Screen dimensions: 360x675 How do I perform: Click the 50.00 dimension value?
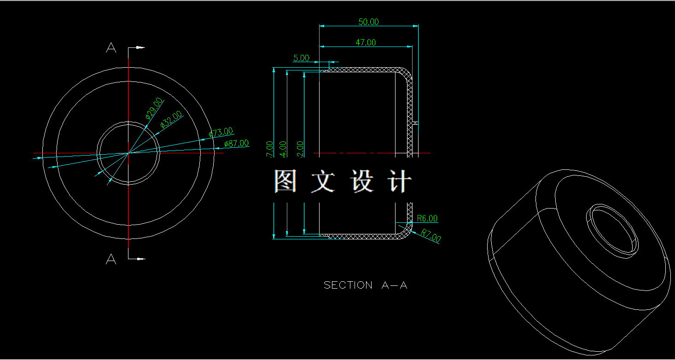pos(368,22)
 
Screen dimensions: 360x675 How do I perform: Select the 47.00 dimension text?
pos(366,42)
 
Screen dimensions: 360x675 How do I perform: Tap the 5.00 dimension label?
pos(301,58)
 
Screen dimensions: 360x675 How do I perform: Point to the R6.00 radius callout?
pos(427,218)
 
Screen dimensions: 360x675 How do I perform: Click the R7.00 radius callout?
pos(431,236)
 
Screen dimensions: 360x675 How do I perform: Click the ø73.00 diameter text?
pos(221,133)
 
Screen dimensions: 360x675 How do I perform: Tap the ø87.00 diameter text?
pos(236,144)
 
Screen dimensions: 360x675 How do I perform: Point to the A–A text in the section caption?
pos(395,285)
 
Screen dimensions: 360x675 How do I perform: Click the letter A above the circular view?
pos(111,47)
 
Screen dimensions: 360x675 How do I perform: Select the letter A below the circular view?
pos(111,260)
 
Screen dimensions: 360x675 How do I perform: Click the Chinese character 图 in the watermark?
pos(285,181)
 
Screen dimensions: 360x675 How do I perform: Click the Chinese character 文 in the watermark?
pos(324,181)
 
